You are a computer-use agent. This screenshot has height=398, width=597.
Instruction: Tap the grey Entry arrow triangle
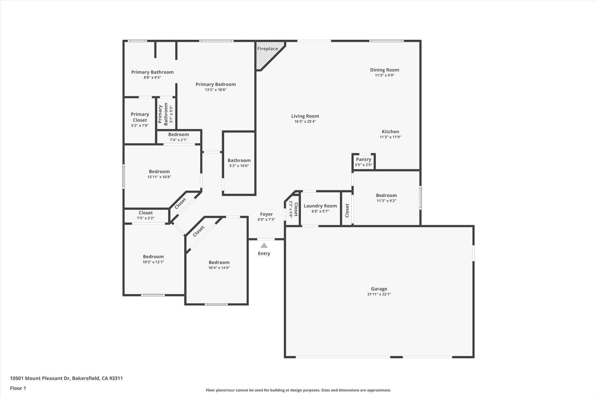tap(264, 246)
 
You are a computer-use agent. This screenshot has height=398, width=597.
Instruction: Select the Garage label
tap(379, 289)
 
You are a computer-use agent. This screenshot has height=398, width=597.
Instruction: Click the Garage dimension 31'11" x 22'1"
tap(379, 295)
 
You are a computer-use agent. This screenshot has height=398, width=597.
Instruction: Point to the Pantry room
tap(363, 162)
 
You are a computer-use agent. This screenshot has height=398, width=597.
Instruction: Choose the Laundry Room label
tap(320, 206)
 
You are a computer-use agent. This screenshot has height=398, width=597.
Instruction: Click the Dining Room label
tap(384, 70)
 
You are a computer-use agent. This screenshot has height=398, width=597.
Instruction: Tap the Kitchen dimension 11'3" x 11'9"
tap(390, 137)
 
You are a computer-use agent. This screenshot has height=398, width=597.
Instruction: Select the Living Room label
tap(305, 116)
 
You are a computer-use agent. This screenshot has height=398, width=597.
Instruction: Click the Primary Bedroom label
tap(215, 84)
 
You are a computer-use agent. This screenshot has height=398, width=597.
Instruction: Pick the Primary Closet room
tap(140, 120)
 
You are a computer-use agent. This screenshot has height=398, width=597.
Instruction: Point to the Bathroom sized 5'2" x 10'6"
tap(239, 163)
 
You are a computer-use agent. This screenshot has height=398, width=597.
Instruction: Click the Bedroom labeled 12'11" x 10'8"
tap(159, 174)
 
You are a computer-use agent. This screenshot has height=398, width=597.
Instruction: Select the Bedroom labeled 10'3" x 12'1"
tap(153, 259)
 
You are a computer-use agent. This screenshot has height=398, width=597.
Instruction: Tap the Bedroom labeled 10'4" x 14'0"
tap(219, 265)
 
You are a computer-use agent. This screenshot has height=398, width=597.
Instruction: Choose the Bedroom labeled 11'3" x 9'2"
tap(386, 198)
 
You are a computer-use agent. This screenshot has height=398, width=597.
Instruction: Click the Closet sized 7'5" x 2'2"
tap(146, 215)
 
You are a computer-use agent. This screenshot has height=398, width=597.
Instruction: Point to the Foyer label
tap(266, 214)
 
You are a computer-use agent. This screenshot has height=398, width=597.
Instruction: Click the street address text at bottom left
tap(66, 378)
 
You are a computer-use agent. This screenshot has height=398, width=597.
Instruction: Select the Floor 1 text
tap(18, 388)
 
